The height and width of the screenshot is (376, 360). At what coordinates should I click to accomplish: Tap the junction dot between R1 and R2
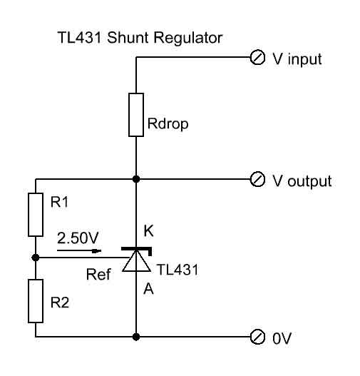36,258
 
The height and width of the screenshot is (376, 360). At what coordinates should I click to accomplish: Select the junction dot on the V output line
136,179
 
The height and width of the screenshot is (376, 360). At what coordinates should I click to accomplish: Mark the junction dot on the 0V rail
136,337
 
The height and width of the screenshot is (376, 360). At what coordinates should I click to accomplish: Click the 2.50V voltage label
78,238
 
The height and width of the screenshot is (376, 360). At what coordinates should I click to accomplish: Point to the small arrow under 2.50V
79,251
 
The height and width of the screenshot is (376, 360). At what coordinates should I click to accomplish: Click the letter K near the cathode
148,231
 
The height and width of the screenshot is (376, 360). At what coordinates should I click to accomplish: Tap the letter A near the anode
148,288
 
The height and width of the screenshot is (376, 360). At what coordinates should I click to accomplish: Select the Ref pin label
98,274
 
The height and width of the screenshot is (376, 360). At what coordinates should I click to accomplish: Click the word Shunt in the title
128,38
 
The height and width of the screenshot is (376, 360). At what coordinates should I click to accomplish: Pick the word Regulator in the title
187,39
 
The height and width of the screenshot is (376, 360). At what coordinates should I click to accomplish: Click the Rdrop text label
168,124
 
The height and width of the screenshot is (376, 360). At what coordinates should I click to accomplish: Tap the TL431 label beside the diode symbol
178,270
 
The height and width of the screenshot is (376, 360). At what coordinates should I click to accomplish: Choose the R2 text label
60,303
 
